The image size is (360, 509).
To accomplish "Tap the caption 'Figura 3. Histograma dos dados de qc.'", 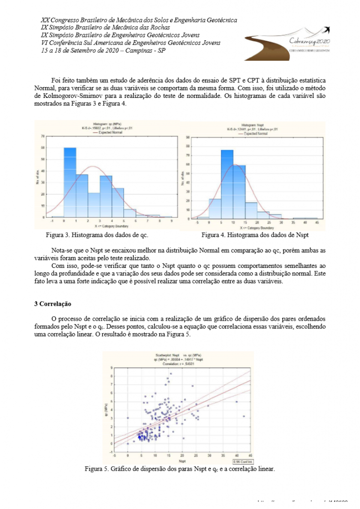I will coord(97,233).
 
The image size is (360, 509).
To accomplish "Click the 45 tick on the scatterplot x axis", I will coord(250,455).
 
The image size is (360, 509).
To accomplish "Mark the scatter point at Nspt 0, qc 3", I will coord(128,418).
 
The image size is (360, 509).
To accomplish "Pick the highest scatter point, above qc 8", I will coord(171,373).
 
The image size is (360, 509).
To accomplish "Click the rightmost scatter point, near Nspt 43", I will coord(244,416).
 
